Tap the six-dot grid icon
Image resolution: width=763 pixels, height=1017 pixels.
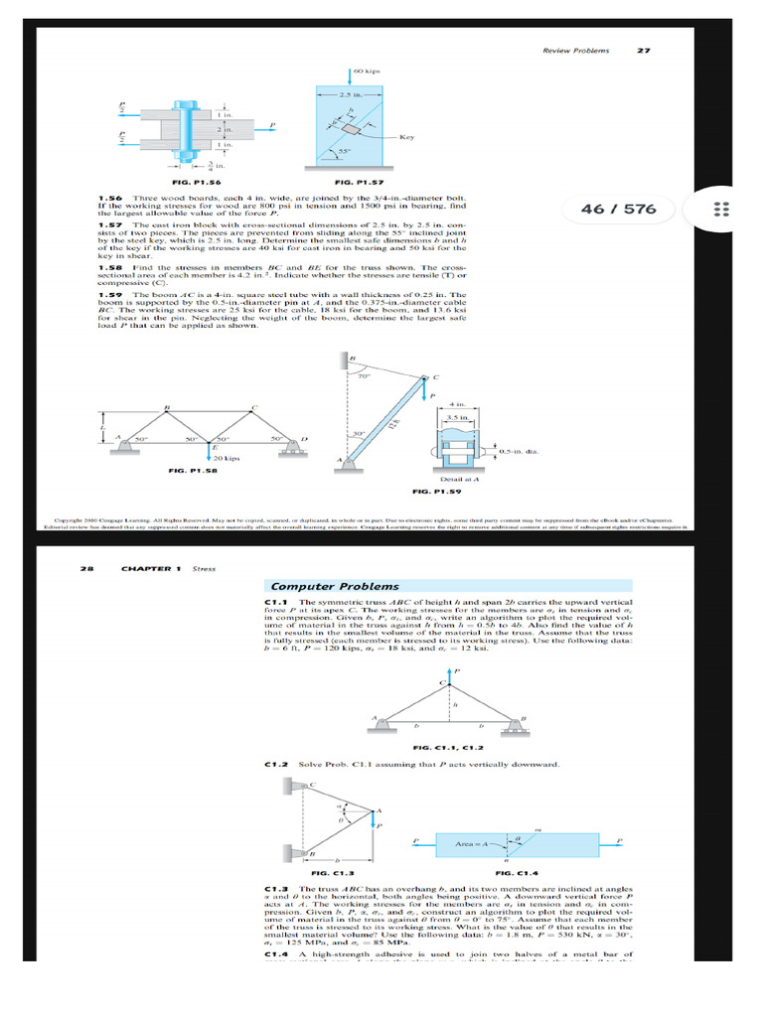pos(722,210)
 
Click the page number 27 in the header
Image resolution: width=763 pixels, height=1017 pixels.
pos(642,50)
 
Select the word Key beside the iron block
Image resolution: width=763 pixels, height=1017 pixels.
pos(406,137)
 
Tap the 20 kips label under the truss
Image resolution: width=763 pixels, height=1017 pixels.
pos(228,458)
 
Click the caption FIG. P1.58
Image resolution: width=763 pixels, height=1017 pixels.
pos(193,470)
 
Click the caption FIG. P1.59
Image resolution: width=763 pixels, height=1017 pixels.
pos(438,491)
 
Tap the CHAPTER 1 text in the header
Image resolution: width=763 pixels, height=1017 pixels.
pos(150,569)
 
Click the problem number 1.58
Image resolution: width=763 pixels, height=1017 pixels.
pos(109,268)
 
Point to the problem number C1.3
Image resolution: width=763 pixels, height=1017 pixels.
pos(275,886)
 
